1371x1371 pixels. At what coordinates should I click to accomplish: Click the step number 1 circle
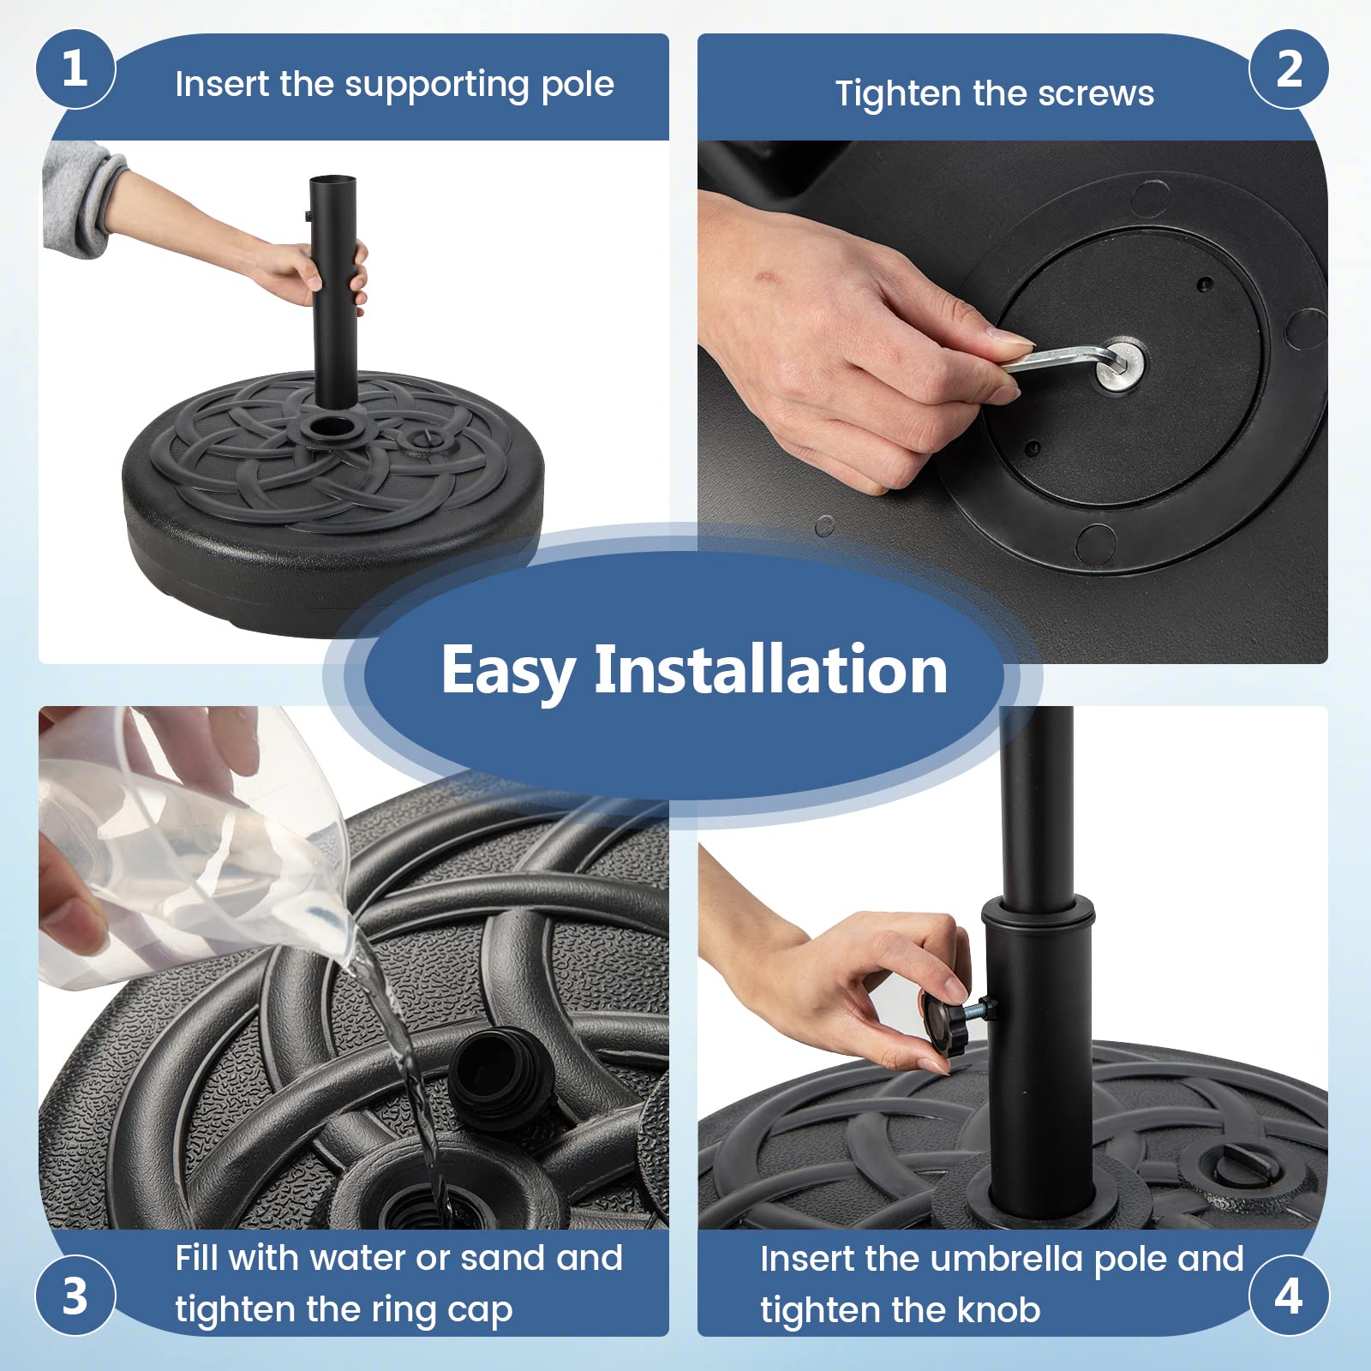coord(75,69)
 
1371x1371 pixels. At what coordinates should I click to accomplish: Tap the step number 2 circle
coord(1289,69)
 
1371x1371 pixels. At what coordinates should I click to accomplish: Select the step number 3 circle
coord(75,1295)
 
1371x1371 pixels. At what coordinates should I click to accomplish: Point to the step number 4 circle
coord(1289,1295)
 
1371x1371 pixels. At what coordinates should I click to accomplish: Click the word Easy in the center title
coord(508,671)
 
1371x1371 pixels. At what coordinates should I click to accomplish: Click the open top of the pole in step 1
coord(332,181)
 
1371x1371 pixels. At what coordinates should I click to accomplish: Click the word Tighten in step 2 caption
coord(893,93)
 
